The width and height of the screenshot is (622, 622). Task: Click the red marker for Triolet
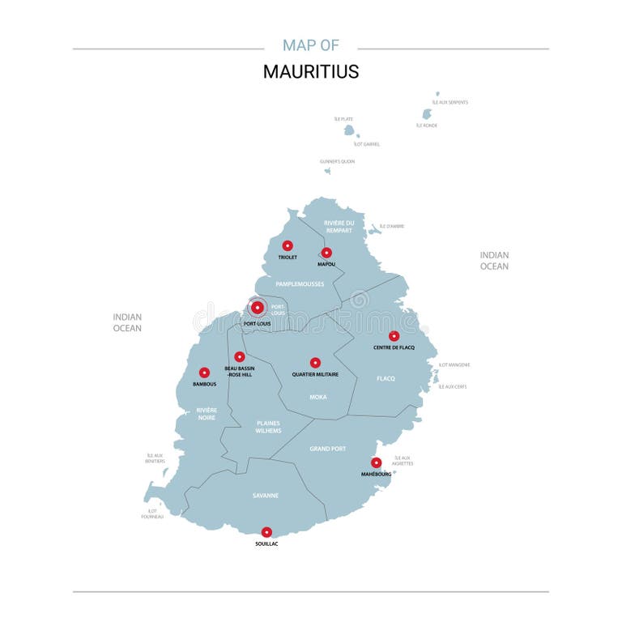pos(287,245)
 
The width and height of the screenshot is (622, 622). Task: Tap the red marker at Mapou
pos(326,253)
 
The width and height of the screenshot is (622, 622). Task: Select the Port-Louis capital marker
pos(258,307)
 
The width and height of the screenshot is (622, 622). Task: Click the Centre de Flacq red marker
pos(394,336)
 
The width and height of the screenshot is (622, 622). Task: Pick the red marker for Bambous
pos(204,373)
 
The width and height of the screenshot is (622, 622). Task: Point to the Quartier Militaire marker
pos(315,363)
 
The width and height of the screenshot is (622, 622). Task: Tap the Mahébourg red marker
pos(376,462)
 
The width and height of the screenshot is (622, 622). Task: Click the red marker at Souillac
pos(266,532)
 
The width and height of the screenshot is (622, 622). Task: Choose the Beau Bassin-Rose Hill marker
pos(239,356)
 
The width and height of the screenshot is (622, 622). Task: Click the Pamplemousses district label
pos(300,284)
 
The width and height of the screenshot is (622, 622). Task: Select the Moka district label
pos(318,397)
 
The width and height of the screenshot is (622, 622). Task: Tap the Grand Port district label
pos(327,448)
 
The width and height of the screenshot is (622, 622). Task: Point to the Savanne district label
pos(265,495)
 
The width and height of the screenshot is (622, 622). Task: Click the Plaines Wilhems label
pos(269,427)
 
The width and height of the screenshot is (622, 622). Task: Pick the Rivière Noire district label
pos(207,415)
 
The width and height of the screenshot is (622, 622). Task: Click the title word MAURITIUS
pos(310,71)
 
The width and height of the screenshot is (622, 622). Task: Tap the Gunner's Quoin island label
pos(337,161)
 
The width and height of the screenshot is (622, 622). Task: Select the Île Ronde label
pos(427,126)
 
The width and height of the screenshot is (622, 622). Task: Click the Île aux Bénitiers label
pos(154,458)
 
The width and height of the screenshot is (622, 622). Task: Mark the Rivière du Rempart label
pos(339,226)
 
